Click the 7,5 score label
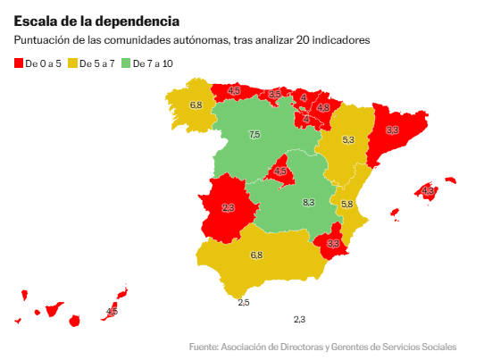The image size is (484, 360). pyautogui.click(x=255, y=135)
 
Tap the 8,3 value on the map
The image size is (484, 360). pyautogui.click(x=308, y=203)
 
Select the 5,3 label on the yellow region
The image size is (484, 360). pyautogui.click(x=348, y=140)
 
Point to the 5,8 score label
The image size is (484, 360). pyautogui.click(x=346, y=204)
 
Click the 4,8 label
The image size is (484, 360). pyautogui.click(x=323, y=107)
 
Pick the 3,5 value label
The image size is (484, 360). pyautogui.click(x=274, y=94)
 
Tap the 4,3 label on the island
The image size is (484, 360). pyautogui.click(x=428, y=191)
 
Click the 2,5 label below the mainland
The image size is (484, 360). pyautogui.click(x=244, y=303)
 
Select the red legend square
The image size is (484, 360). pyautogui.click(x=19, y=63)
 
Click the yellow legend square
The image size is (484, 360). pyautogui.click(x=72, y=63)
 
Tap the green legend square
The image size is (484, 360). pyautogui.click(x=126, y=63)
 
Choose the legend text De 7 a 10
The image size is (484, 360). pyautogui.click(x=153, y=63)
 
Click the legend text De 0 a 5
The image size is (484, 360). pyautogui.click(x=43, y=63)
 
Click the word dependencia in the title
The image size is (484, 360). pyautogui.click(x=138, y=21)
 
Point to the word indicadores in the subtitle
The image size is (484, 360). pyautogui.click(x=341, y=40)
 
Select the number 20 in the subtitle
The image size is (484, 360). pyautogui.click(x=303, y=40)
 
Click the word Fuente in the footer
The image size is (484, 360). pyautogui.click(x=204, y=347)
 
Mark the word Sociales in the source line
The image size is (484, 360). pyautogui.click(x=439, y=347)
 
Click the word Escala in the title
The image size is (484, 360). pyautogui.click(x=35, y=21)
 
